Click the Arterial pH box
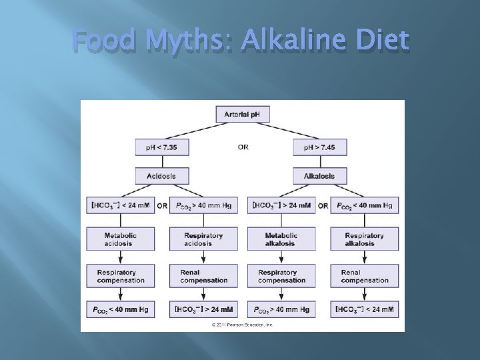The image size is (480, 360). point(243,114)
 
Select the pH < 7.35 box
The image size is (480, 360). point(162,147)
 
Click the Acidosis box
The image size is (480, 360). point(162,176)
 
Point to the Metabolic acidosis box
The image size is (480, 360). point(120,239)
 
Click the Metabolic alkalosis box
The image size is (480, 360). point(281,239)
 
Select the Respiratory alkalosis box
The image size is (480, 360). point(364,239)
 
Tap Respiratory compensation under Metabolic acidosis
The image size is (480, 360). point(120,276)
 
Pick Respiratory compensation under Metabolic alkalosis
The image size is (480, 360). point(281,276)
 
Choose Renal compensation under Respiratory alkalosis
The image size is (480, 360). point(364,276)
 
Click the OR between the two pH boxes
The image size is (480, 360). point(243,147)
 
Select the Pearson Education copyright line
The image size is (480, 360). point(243,325)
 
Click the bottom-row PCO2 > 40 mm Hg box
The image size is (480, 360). point(281,309)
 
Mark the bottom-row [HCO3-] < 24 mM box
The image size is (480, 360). point(364,309)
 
